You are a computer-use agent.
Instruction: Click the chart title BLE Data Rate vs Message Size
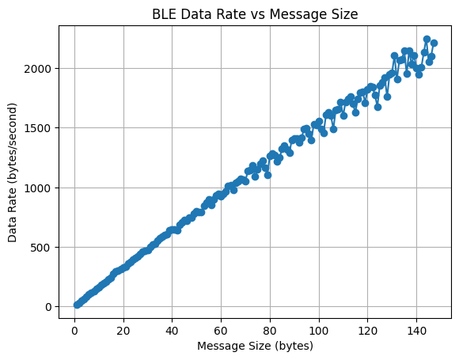click(255, 13)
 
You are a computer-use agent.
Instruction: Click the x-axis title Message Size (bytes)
click(255, 346)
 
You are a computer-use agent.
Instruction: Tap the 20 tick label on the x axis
click(123, 329)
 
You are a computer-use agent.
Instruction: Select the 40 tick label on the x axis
click(173, 329)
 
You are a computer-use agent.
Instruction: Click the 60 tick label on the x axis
click(221, 329)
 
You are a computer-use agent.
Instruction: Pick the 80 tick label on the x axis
click(270, 329)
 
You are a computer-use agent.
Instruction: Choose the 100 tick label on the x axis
click(319, 329)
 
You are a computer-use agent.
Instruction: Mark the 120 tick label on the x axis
click(368, 329)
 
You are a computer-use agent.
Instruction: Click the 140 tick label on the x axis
click(417, 329)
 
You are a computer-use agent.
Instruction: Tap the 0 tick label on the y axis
click(49, 307)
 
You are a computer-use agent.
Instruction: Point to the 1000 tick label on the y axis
click(40, 188)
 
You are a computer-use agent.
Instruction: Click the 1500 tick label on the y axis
click(40, 128)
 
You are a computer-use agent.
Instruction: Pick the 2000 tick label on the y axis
click(40, 69)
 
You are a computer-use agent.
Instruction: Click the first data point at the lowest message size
click(77, 305)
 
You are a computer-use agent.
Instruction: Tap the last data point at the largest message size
click(434, 43)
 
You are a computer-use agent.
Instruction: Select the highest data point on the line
click(427, 39)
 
